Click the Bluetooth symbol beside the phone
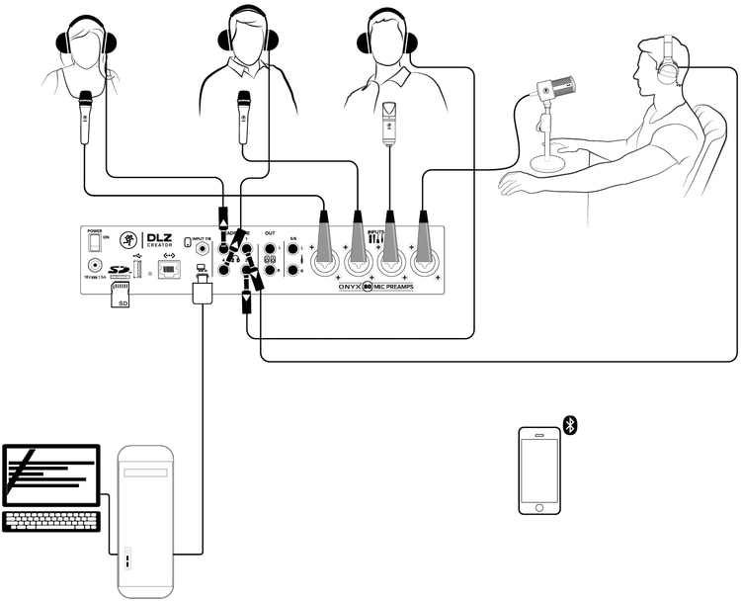tap(570, 424)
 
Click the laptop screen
tap(50, 475)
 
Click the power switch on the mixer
tap(96, 240)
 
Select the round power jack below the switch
tap(96, 265)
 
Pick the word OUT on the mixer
tap(269, 233)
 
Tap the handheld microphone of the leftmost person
tap(86, 115)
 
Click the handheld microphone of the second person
tap(242, 115)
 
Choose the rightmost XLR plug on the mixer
tap(422, 233)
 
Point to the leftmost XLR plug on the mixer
tap(324, 233)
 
